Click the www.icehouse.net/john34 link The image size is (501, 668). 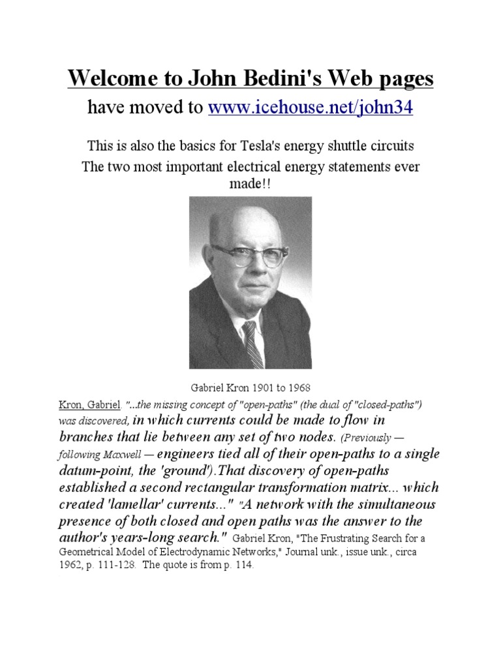point(310,108)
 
